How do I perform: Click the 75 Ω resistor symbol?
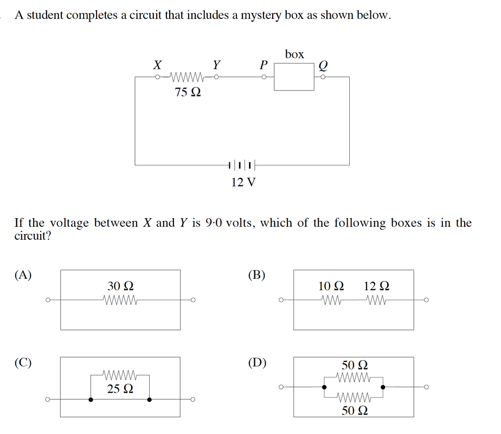click(x=187, y=77)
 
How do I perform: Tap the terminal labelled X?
click(x=157, y=77)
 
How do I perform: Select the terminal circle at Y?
click(x=216, y=77)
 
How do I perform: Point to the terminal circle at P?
click(x=264, y=77)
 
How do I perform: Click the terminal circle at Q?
click(x=323, y=77)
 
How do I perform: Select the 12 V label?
click(x=243, y=182)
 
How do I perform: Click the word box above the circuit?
click(x=294, y=54)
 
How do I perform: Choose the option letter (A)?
click(x=23, y=275)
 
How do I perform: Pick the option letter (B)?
click(x=256, y=275)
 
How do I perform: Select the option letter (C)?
click(x=23, y=363)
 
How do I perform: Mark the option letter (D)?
click(x=257, y=363)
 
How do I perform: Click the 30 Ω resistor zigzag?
click(x=120, y=300)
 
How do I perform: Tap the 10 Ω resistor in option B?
click(x=331, y=300)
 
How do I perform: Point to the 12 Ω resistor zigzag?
click(x=377, y=300)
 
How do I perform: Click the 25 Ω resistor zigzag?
click(x=120, y=374)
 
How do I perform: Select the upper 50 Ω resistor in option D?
click(x=354, y=378)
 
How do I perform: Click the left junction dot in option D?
click(x=324, y=387)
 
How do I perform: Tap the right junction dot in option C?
click(x=149, y=399)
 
